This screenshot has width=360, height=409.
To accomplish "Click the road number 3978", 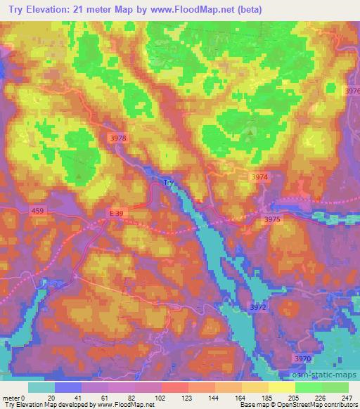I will click(118, 138).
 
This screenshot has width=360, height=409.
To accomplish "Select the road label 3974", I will click(260, 178).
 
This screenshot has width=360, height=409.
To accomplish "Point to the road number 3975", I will click(272, 220).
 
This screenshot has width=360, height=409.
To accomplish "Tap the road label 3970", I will click(303, 358).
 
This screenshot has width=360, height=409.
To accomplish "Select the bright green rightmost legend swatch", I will click(335, 388).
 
